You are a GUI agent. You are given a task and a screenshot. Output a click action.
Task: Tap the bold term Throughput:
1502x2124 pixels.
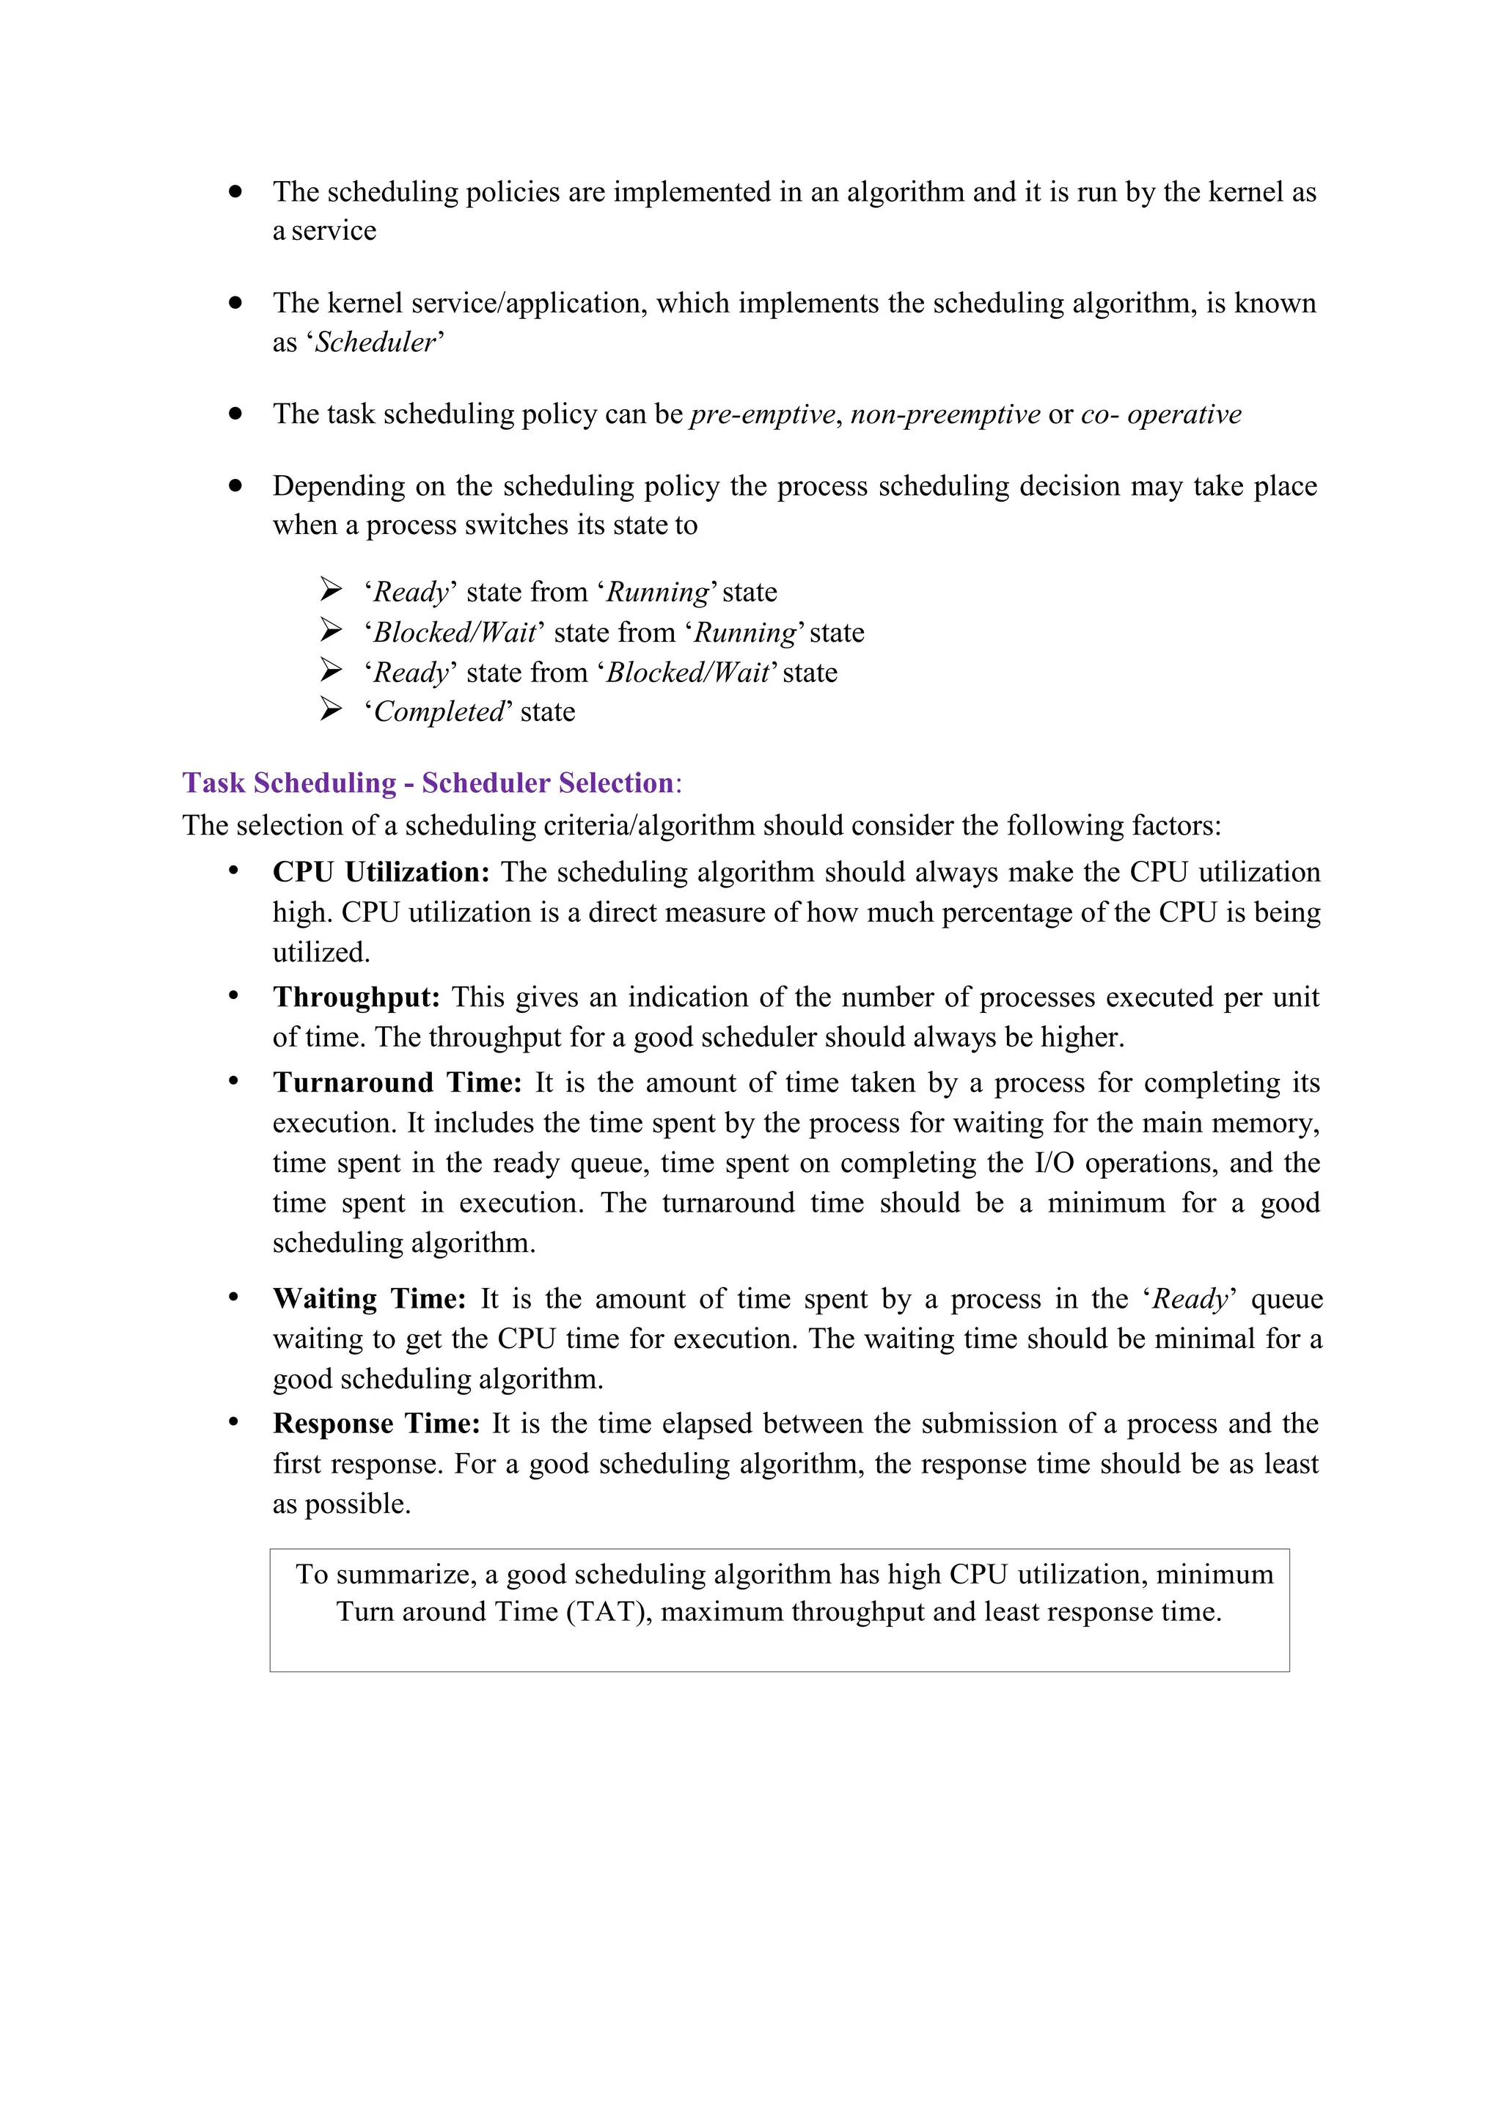point(356,997)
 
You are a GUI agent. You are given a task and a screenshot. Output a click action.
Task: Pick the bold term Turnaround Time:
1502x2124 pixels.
point(398,1083)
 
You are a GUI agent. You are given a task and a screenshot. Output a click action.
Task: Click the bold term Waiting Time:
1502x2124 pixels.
point(369,1299)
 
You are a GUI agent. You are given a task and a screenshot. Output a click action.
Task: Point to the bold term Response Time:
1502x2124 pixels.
point(376,1423)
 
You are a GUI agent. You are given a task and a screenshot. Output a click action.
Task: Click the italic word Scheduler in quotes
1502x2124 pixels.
point(375,343)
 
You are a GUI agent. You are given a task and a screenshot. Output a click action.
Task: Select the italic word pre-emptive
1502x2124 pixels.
point(762,414)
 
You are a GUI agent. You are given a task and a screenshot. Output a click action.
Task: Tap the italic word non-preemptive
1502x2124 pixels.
point(945,414)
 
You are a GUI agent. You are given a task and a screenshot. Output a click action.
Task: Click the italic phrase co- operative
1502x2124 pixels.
point(1161,414)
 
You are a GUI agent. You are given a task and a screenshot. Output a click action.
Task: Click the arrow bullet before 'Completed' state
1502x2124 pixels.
point(330,709)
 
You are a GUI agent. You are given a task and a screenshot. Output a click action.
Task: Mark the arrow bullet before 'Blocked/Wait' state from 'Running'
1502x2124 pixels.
point(330,630)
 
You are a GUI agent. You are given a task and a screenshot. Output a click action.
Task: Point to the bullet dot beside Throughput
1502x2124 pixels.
point(234,996)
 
